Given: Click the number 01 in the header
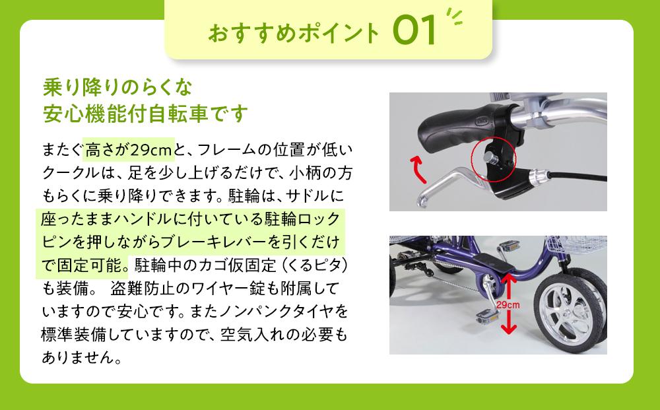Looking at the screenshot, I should coord(415,31).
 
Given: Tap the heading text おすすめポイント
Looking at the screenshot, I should coord(294,33).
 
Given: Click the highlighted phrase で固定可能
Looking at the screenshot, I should coord(84,264).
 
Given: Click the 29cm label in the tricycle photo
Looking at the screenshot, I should coord(509,304).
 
